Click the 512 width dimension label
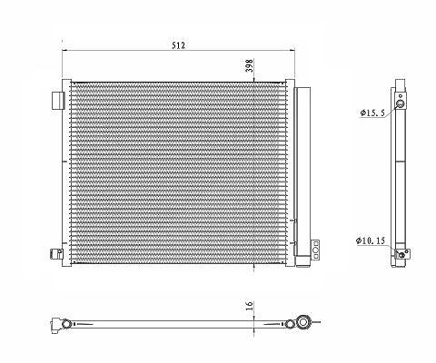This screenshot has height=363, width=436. pos(178,45)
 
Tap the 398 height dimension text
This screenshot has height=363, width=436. pos(249,65)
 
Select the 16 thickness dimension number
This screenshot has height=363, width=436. pos(249,306)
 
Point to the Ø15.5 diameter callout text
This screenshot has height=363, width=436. pos(372,113)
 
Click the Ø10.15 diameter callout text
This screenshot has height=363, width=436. pos(371,240)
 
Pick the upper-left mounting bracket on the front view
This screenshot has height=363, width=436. pos(58,101)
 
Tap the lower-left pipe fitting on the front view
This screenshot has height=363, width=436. pos(56,253)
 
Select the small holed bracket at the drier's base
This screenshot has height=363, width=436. pos(315,250)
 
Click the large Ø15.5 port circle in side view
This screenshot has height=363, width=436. pos(401,104)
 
